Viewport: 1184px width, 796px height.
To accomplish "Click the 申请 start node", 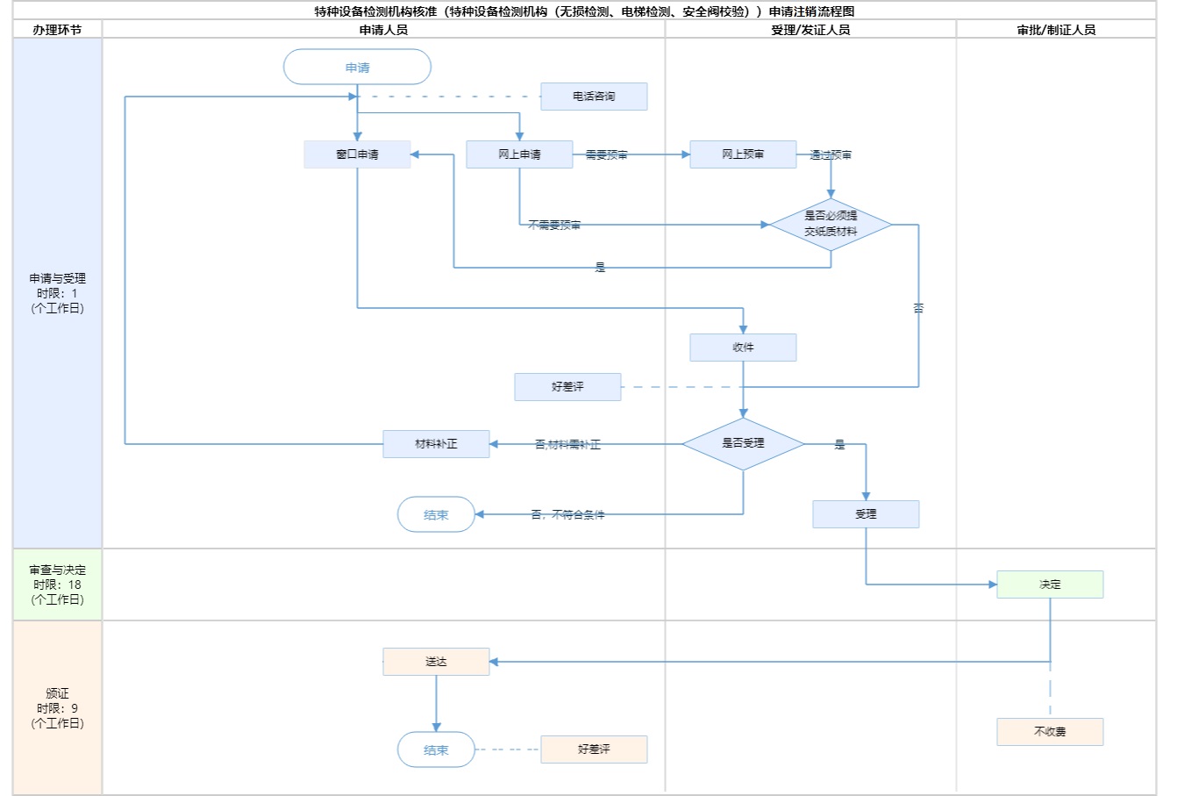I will pyautogui.click(x=357, y=68).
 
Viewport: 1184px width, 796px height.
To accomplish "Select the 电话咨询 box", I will pyautogui.click(x=594, y=97).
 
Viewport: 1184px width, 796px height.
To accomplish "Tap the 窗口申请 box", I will pyautogui.click(x=357, y=154).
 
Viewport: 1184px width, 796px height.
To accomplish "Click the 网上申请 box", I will pyautogui.click(x=519, y=154).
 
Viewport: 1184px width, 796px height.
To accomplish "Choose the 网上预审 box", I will pyautogui.click(x=743, y=154).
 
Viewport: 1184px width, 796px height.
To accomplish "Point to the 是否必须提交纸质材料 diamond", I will pyautogui.click(x=831, y=225).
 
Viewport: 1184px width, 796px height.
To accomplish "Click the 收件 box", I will pyautogui.click(x=743, y=348).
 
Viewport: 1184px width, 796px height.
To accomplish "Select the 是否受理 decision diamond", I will pyautogui.click(x=743, y=444).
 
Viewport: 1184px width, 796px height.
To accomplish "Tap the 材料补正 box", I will pyautogui.click(x=436, y=444).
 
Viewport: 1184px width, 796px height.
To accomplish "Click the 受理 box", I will pyautogui.click(x=866, y=514).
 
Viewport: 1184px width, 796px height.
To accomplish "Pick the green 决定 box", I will pyautogui.click(x=1050, y=584).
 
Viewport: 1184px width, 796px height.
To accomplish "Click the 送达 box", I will pyautogui.click(x=436, y=662).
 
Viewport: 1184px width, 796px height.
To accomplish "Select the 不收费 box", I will pyautogui.click(x=1050, y=732).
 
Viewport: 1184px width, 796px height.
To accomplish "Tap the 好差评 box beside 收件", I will pyautogui.click(x=567, y=387).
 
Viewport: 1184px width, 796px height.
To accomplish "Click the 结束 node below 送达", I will pyautogui.click(x=436, y=750).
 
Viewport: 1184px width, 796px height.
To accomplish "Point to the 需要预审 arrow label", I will pyautogui.click(x=607, y=155).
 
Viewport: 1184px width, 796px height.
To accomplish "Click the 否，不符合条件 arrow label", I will pyautogui.click(x=567, y=515).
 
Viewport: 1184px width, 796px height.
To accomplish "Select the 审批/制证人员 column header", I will pyautogui.click(x=1056, y=30).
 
